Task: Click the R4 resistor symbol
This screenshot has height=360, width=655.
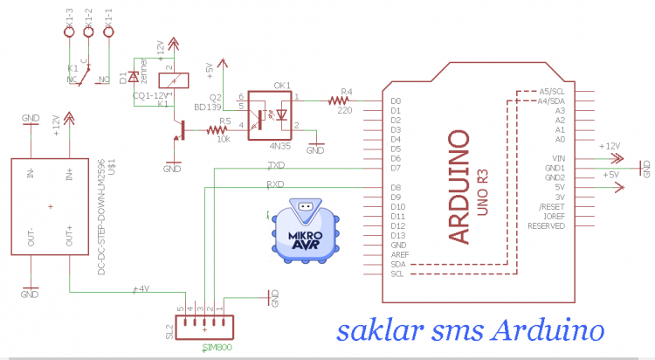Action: [339, 101]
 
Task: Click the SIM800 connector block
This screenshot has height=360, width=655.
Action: [204, 328]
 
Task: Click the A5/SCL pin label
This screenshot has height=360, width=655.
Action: [552, 92]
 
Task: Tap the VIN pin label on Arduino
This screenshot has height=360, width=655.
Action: [560, 158]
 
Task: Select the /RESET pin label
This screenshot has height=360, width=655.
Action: [555, 206]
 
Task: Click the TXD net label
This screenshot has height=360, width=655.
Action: [275, 164]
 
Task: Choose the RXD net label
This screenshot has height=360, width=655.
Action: [275, 184]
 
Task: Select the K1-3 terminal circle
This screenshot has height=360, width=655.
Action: [68, 31]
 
